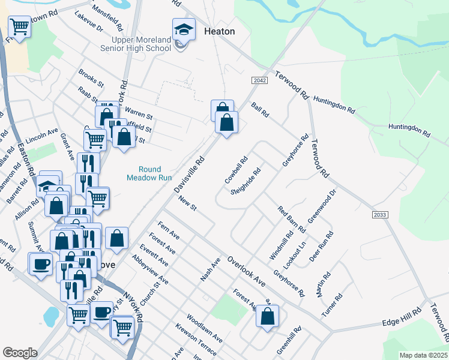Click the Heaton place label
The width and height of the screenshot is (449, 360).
(219, 31)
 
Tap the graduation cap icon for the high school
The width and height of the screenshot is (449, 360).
(184, 29)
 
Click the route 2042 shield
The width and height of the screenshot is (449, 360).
(259, 80)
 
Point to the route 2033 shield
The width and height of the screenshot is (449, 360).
(380, 215)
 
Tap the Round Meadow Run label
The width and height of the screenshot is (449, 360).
(144, 173)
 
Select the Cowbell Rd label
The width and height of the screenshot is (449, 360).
(236, 171)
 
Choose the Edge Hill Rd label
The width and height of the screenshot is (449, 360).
(399, 323)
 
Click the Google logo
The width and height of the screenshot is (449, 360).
(20, 353)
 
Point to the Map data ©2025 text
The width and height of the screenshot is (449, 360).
(423, 355)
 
